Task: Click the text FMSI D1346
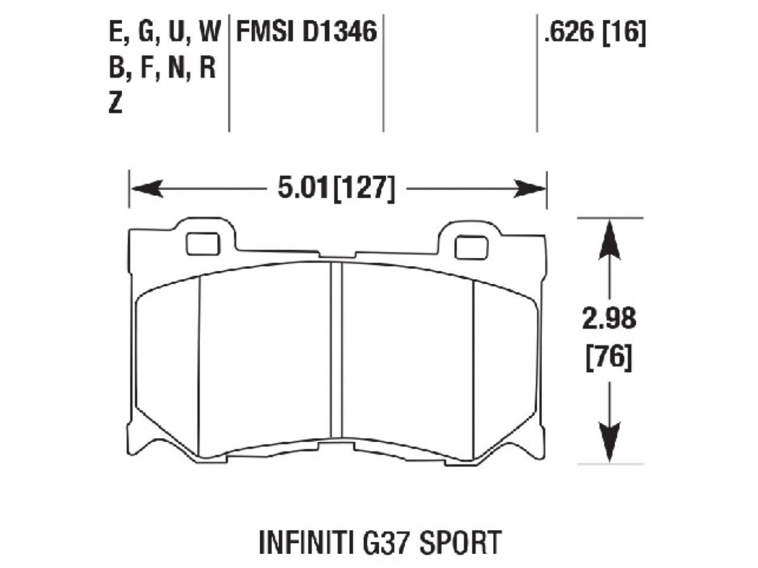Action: (x=307, y=32)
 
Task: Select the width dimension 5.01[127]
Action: (x=335, y=189)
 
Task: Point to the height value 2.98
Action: (x=609, y=319)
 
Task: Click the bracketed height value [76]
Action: (x=609, y=357)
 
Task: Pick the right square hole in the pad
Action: (x=471, y=247)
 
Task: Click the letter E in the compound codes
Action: (x=115, y=32)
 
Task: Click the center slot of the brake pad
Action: (x=337, y=349)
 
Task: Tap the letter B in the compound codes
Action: (x=115, y=68)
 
